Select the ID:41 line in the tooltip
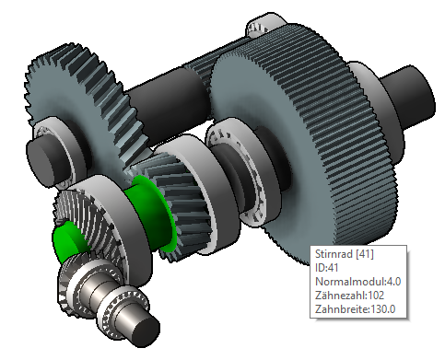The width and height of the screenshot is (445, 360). point(327,268)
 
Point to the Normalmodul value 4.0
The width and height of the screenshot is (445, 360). point(393,282)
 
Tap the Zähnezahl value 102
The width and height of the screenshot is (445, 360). point(376,296)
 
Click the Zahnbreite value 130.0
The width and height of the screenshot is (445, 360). point(383,309)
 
